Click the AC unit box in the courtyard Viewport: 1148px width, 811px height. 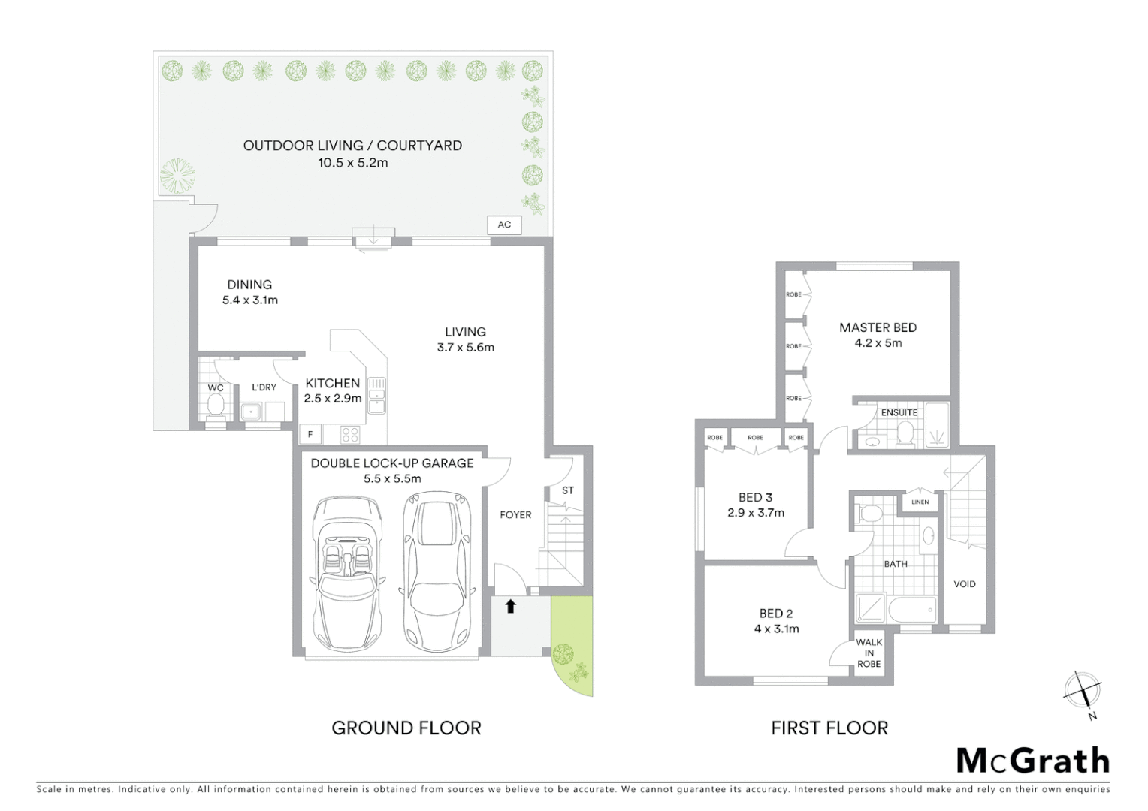click(504, 225)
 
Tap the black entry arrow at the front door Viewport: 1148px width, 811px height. click(511, 606)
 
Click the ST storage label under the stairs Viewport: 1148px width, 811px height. click(568, 490)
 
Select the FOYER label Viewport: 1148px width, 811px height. click(515, 515)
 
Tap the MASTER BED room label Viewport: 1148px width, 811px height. click(878, 327)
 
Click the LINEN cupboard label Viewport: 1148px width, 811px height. click(920, 502)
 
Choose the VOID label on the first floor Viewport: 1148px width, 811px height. click(965, 584)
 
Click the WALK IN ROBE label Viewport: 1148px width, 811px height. click(869, 653)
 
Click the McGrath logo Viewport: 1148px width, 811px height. click(1032, 761)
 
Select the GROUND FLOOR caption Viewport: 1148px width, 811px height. click(406, 728)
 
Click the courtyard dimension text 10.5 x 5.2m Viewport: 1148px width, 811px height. click(352, 163)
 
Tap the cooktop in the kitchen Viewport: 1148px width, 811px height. click(351, 434)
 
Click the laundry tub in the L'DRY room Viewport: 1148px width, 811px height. click(250, 412)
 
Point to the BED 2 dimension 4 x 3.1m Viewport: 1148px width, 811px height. click(776, 629)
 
